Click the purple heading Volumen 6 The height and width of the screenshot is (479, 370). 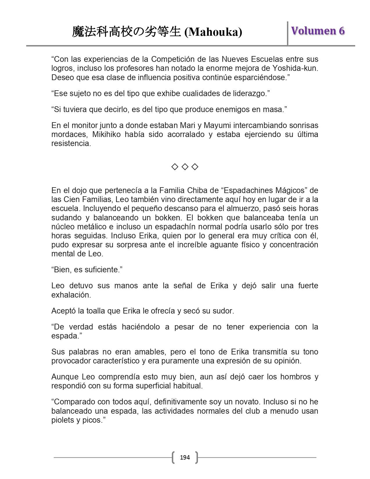pos(318,31)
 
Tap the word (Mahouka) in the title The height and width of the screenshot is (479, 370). pos(213,32)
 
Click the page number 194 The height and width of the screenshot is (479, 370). pos(185,458)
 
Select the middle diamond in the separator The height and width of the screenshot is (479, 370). pos(185,167)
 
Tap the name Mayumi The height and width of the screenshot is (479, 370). pos(217,125)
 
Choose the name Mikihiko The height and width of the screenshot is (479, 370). pos(106,134)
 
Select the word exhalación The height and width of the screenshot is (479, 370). pos(71,295)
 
